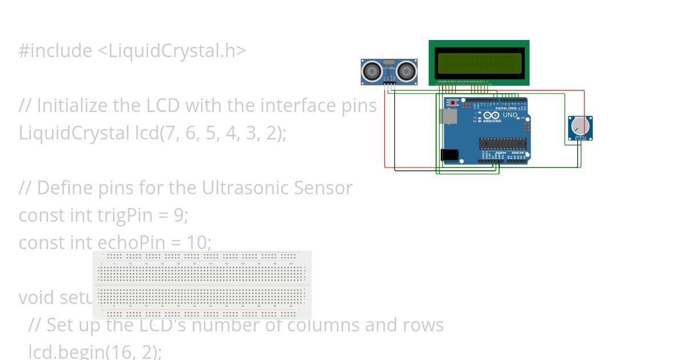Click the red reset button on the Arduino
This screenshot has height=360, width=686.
[453, 103]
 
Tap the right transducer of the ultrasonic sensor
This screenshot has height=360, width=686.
[405, 71]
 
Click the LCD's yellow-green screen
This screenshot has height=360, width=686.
[479, 63]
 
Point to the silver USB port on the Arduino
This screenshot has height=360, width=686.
[449, 117]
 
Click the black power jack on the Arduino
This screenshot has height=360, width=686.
[449, 154]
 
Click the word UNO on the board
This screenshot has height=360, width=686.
[510, 115]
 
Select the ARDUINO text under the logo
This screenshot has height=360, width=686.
[492, 121]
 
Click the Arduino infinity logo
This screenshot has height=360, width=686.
[491, 115]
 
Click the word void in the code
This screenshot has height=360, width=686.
[37, 298]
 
